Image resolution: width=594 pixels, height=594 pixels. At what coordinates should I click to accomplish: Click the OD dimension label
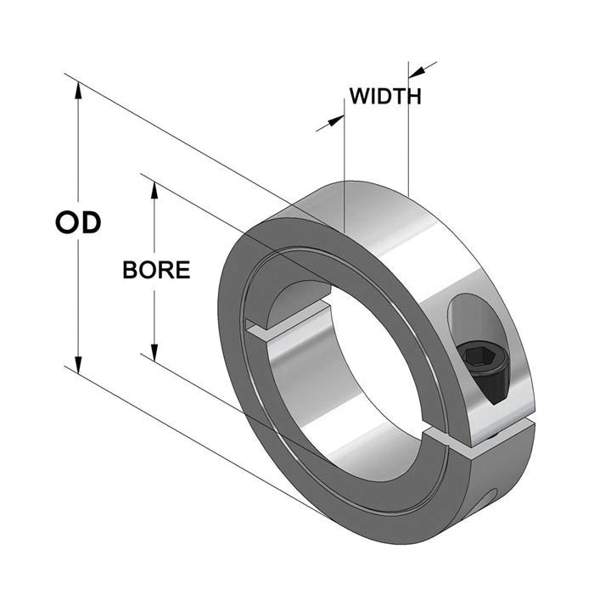(x=78, y=222)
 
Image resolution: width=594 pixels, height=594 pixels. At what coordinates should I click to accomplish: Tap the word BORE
(x=156, y=270)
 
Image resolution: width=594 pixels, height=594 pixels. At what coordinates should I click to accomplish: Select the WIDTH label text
(x=385, y=96)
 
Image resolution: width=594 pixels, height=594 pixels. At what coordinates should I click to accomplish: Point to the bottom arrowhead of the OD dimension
(x=78, y=365)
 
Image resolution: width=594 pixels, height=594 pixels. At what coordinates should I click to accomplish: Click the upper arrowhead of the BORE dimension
(x=154, y=189)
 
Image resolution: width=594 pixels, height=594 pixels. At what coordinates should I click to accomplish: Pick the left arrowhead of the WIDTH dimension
(x=336, y=120)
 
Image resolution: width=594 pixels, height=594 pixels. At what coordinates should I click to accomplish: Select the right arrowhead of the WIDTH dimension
(x=417, y=72)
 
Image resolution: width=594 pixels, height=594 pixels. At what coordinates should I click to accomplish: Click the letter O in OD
(x=66, y=222)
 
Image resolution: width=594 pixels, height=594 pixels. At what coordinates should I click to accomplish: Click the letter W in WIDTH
(x=360, y=96)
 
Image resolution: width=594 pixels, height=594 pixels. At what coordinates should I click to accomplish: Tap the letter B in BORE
(x=130, y=270)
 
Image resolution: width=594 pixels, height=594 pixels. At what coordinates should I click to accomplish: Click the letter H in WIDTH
(x=414, y=96)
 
